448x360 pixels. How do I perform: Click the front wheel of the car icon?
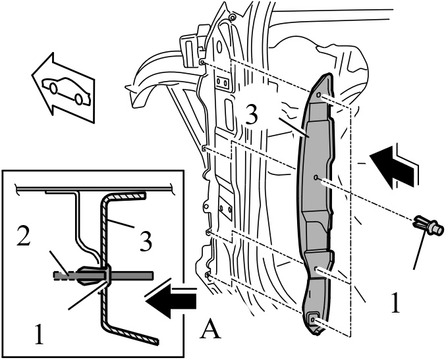53,88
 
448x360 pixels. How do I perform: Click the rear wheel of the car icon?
78,99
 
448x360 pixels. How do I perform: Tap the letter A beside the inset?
210,329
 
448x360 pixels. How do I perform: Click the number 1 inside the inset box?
39,334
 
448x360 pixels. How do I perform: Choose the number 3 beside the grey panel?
252,115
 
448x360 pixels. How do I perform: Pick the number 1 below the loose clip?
395,303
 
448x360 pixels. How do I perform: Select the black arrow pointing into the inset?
171,299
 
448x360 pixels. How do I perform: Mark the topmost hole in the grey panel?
319,95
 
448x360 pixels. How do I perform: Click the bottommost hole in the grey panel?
312,319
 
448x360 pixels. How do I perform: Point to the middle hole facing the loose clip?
316,178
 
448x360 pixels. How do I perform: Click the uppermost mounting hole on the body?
202,62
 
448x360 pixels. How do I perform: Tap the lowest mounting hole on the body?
207,275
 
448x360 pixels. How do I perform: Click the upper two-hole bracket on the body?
222,82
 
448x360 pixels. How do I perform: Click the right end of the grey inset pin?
153,275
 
